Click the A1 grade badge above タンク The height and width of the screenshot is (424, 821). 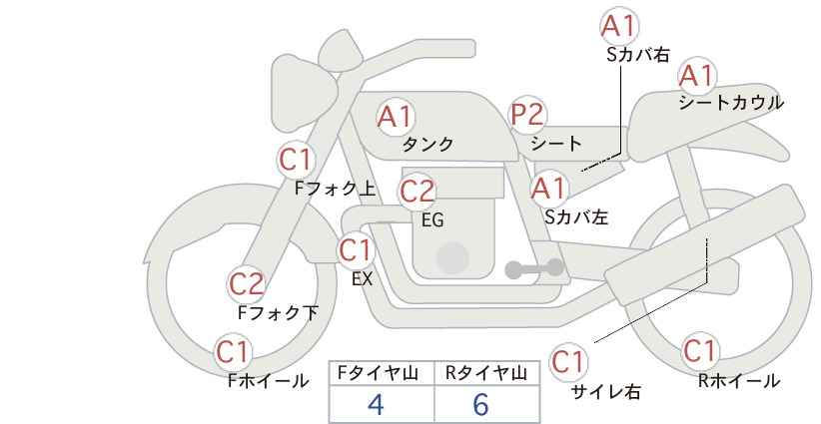[x=396, y=117]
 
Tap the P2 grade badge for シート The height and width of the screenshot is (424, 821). [x=527, y=116]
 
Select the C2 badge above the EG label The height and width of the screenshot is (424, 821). [x=417, y=191]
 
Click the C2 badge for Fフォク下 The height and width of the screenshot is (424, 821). [x=246, y=284]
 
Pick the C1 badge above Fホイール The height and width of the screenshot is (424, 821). [x=234, y=352]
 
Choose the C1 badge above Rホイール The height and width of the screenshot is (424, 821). [x=699, y=352]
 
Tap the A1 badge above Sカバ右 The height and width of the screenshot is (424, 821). [x=620, y=26]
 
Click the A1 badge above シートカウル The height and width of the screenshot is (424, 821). [x=696, y=75]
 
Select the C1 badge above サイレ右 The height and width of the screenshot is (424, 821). [x=568, y=360]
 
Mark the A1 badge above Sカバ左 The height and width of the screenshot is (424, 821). [x=548, y=188]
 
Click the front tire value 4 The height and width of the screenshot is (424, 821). [x=376, y=404]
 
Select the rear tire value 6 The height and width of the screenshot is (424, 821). [x=480, y=404]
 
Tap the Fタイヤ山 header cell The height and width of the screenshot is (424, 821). [x=382, y=373]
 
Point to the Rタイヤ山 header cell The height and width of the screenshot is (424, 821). [x=485, y=373]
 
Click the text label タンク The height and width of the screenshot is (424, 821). [x=428, y=144]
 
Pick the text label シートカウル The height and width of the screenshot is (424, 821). [x=731, y=103]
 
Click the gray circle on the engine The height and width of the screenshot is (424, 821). [x=452, y=257]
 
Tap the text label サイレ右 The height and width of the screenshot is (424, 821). [x=605, y=392]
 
